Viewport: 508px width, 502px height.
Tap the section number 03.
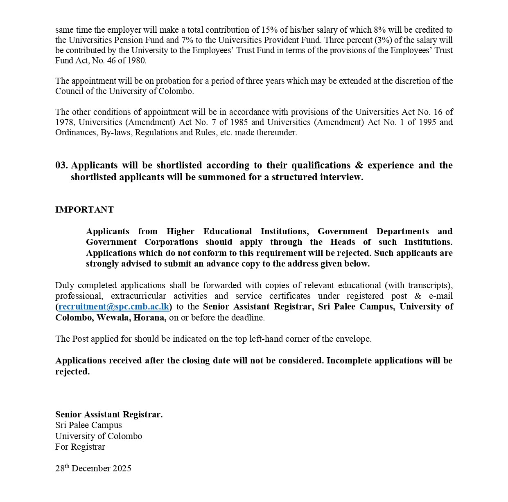(61, 165)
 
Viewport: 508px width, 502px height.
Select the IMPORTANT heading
(84, 210)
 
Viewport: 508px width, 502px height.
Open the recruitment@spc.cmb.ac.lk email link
(113, 307)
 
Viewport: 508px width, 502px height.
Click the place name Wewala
(113, 318)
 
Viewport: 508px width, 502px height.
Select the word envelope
(353, 339)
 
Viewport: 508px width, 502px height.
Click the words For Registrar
(80, 447)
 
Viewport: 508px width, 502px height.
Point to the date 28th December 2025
(93, 468)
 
